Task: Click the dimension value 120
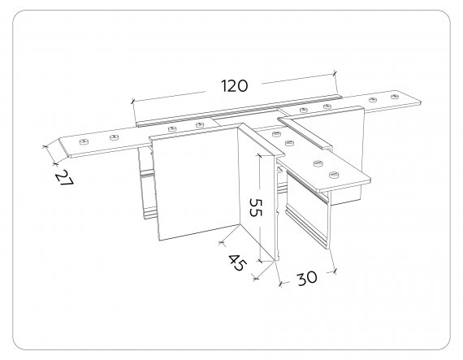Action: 235,85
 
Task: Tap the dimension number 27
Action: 64,178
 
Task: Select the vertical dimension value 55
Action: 256,207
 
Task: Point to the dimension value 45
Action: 236,262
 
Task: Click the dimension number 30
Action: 307,278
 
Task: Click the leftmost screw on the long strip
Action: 84,141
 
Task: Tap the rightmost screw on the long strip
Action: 395,97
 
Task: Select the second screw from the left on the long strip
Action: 114,137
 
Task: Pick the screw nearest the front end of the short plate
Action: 335,175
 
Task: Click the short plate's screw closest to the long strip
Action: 276,134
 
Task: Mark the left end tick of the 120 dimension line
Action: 132,102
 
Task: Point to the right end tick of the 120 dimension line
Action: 335,72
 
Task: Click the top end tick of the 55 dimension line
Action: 260,154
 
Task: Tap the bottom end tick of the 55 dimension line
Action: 260,261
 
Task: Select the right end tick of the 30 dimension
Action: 335,271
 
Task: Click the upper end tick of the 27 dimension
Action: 45,146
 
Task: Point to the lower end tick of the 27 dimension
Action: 54,163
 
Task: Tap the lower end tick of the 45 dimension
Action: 257,278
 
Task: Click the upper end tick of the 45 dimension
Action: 221,243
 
